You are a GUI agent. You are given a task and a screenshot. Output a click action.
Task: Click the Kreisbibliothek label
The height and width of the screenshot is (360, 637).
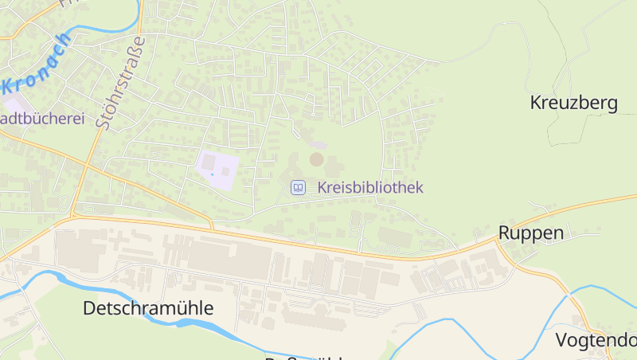pyautogui.click(x=369, y=188)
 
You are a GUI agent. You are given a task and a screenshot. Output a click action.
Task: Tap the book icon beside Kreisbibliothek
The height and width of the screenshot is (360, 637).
pyautogui.click(x=298, y=188)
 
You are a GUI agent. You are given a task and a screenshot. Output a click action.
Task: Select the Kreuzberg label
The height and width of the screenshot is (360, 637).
pyautogui.click(x=573, y=103)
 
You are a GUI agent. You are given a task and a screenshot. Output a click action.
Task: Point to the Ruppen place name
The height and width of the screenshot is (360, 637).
pyautogui.click(x=531, y=233)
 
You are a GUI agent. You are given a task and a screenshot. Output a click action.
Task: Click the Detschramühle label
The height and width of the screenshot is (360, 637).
pyautogui.click(x=148, y=308)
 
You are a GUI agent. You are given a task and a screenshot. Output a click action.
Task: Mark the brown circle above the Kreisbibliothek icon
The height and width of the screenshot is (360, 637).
pyautogui.click(x=317, y=159)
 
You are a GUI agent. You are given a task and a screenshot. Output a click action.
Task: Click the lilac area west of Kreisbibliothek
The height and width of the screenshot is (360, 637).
pyautogui.click(x=217, y=169)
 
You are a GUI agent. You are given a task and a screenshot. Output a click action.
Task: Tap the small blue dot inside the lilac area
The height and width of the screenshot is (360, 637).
pyautogui.click(x=213, y=173)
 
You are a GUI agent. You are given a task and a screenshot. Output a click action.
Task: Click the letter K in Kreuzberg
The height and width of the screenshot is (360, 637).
pyautogui.click(x=536, y=103)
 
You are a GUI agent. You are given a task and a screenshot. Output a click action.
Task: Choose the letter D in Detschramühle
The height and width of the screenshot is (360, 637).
pyautogui.click(x=90, y=308)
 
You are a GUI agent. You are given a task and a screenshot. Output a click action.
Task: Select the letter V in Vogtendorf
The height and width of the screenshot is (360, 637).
pyautogui.click(x=561, y=341)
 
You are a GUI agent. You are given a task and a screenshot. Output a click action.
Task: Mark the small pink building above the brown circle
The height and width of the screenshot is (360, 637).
pyautogui.click(x=318, y=144)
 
